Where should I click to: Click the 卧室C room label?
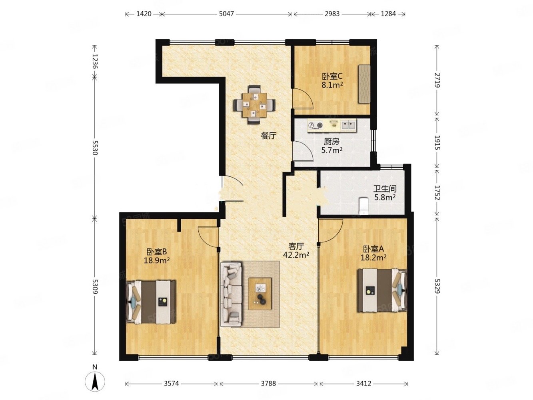point(332,76)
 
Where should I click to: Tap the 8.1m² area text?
point(332,85)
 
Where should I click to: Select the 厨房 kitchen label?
point(331,142)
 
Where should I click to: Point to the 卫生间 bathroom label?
point(385,189)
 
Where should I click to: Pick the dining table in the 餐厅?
point(254,105)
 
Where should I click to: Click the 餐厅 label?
point(269,136)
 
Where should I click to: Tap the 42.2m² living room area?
point(296,255)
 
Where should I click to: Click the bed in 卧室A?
point(382,290)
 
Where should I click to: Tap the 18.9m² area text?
point(157,260)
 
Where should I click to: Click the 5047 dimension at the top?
point(226,14)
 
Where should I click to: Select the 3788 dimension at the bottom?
point(268,383)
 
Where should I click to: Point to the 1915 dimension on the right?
point(437,142)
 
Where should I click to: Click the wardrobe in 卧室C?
point(364,84)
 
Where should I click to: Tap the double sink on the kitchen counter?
point(349,125)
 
